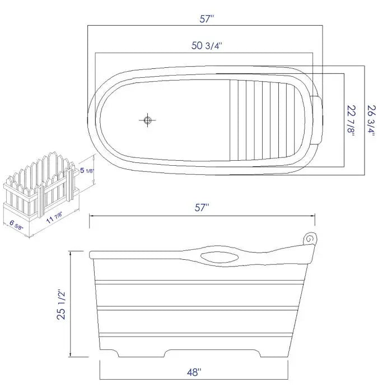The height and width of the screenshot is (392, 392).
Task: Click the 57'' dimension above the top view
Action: [x=207, y=18]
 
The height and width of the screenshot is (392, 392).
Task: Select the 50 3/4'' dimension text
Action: [x=207, y=46]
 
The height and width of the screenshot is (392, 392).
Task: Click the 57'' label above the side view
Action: [x=202, y=208]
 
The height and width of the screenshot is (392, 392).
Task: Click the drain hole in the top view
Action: [x=148, y=119]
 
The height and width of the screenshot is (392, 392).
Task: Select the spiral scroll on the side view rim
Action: [x=309, y=239]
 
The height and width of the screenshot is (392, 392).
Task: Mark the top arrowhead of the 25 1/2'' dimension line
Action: [x=71, y=254]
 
